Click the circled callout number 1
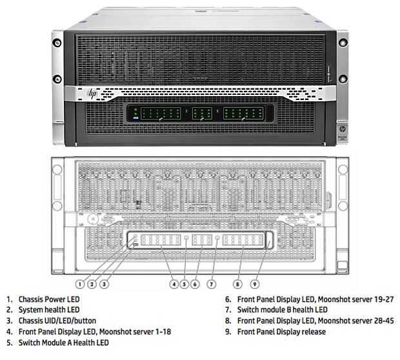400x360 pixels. tap(80, 284)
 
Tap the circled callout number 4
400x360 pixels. tap(174, 284)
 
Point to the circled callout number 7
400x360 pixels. tap(210, 284)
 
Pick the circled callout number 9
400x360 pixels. tap(254, 284)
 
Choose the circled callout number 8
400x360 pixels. tap(239, 284)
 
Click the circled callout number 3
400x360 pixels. tap(103, 284)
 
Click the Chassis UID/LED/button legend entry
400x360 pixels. tap(56, 321)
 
